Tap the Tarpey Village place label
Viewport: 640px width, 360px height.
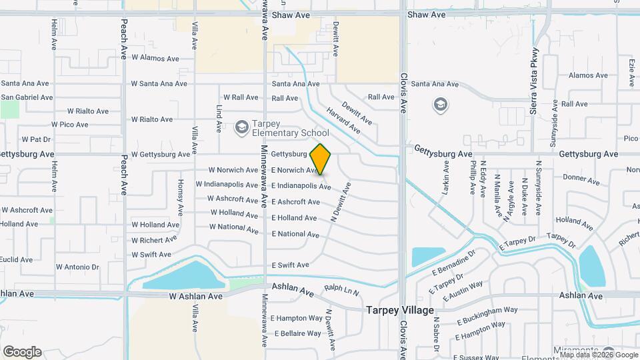[x=400, y=311]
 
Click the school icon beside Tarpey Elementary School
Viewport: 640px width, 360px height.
[x=241, y=127]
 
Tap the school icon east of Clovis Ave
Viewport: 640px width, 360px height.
[x=440, y=105]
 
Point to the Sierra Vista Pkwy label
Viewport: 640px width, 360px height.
[x=534, y=81]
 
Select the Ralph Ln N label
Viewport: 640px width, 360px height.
[x=341, y=290]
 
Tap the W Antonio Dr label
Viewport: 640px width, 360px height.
[x=77, y=267]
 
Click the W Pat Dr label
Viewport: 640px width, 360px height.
[x=36, y=139]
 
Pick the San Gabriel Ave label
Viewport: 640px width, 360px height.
[x=27, y=97]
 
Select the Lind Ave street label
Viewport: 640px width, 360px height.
[x=219, y=118]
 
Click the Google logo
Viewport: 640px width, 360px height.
[x=22, y=352]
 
